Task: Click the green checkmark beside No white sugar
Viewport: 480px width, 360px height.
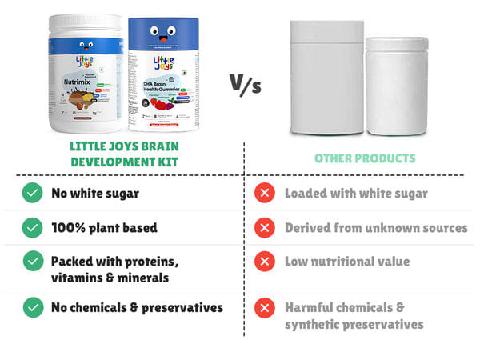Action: coord(32,193)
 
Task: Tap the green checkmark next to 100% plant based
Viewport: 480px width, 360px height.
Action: coord(32,228)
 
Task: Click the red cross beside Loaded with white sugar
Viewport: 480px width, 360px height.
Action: coord(263,193)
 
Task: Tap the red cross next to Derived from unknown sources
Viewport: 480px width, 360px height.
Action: coord(263,228)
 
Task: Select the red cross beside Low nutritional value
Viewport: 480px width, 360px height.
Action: coord(263,262)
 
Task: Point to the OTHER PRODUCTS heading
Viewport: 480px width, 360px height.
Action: coord(365,158)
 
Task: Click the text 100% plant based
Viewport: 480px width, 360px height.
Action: coord(104,228)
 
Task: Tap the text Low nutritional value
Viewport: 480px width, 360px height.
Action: coord(347,262)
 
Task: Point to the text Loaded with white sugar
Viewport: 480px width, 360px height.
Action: coord(356,193)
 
